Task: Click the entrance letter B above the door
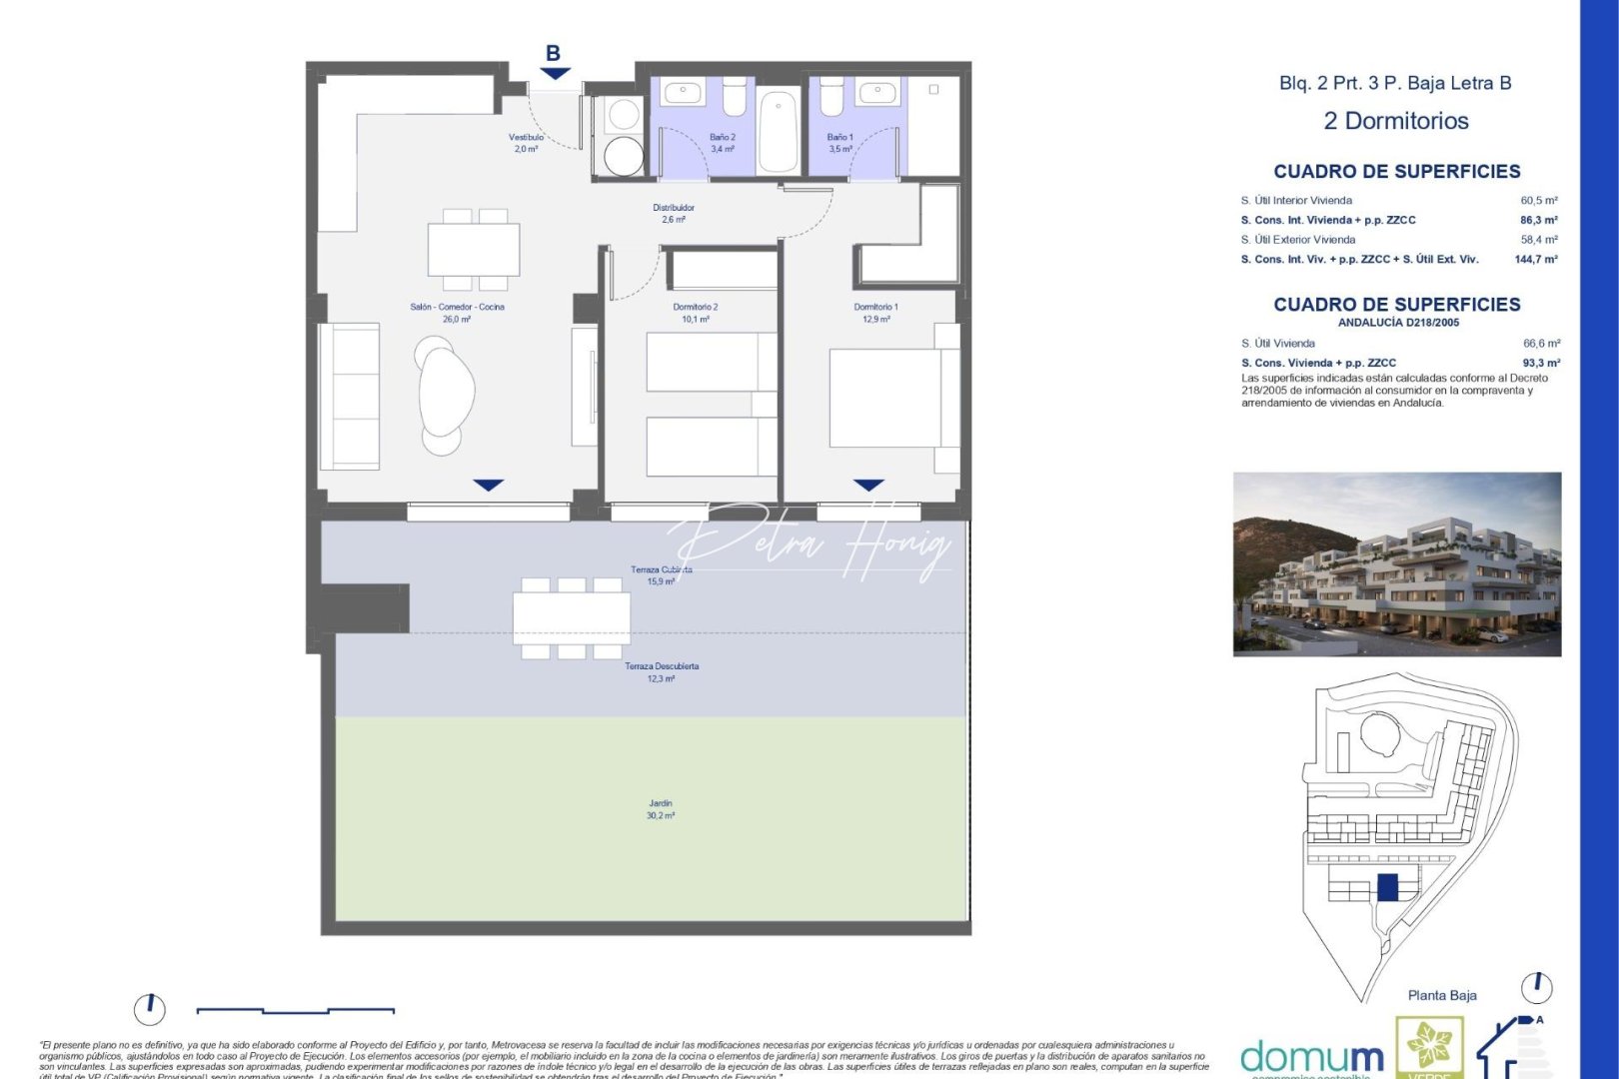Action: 553,54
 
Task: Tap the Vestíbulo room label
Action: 526,143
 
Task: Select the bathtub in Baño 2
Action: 778,131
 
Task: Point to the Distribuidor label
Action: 674,214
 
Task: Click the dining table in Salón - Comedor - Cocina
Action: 474,250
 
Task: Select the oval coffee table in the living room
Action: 446,391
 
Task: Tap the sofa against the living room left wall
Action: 350,396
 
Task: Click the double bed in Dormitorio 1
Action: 889,398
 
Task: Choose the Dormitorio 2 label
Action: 695,313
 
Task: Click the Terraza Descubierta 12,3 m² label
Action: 662,672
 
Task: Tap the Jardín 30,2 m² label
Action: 660,809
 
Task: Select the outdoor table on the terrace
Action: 571,618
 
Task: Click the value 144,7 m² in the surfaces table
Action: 1535,260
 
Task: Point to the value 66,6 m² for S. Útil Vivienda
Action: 1541,344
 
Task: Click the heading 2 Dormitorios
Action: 1395,122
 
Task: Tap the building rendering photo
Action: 1396,563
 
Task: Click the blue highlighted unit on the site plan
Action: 1386,886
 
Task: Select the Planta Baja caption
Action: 1441,995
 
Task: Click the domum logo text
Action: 1311,1057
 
